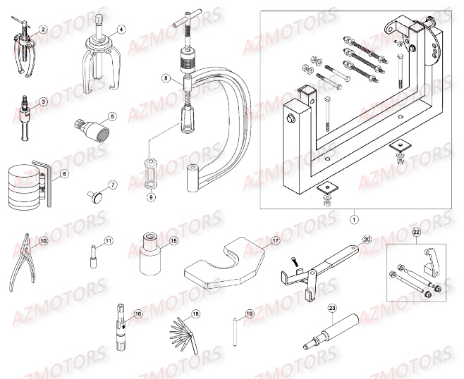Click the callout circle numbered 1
(353, 219)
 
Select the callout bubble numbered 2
(43, 30)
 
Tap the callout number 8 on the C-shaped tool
(166, 78)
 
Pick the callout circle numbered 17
(276, 241)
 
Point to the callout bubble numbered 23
(332, 309)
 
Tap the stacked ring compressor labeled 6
(28, 186)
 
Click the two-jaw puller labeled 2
(23, 49)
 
